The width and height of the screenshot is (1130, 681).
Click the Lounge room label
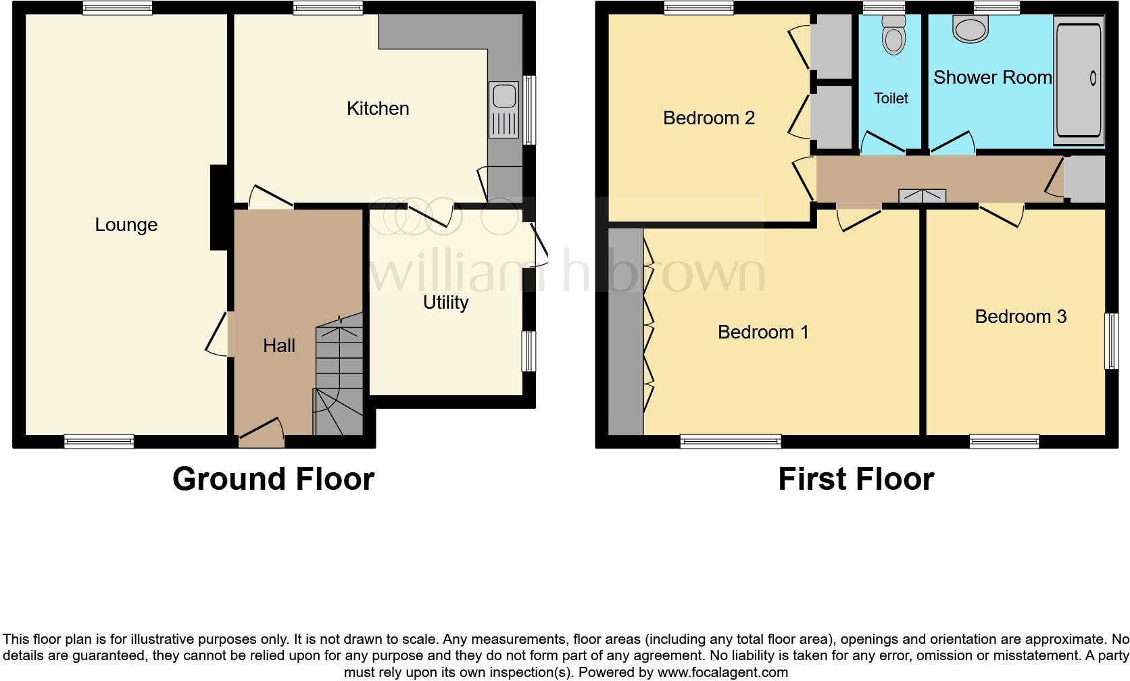(x=126, y=225)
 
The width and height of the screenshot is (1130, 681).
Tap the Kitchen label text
(x=378, y=109)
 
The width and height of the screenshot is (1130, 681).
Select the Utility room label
(x=445, y=303)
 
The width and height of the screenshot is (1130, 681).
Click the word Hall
(x=279, y=346)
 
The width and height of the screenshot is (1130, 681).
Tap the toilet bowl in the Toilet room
(x=893, y=37)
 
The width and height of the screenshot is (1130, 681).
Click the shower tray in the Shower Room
(x=1079, y=80)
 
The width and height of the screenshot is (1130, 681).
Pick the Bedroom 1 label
(x=763, y=332)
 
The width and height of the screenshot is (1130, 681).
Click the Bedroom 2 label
(x=709, y=118)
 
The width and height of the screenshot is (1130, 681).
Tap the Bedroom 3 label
(x=1021, y=317)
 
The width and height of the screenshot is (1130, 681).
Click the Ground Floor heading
(x=273, y=479)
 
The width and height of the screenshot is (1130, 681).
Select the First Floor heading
(x=856, y=479)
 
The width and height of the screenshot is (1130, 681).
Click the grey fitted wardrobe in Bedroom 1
(x=626, y=331)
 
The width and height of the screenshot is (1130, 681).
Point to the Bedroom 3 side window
(x=1111, y=340)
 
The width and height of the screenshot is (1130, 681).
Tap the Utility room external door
(x=539, y=245)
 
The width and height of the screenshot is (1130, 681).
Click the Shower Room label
(x=992, y=78)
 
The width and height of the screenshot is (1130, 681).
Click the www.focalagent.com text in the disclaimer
(x=722, y=672)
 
